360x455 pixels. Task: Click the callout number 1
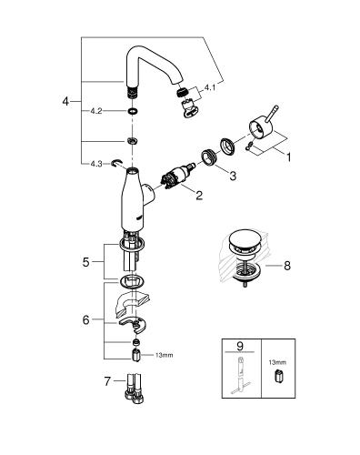pyautogui.click(x=289, y=157)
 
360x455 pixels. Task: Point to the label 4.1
pyautogui.click(x=210, y=87)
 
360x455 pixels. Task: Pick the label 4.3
pyautogui.click(x=96, y=164)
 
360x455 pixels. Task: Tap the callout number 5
pyautogui.click(x=85, y=261)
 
